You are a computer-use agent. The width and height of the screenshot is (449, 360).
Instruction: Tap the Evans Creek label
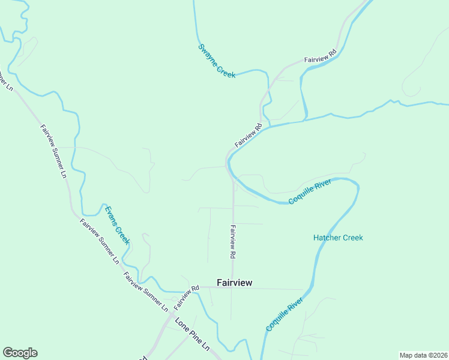(116, 225)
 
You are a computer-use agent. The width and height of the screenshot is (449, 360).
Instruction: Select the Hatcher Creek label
(338, 238)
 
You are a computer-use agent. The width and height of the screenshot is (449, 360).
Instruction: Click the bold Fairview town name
(234, 283)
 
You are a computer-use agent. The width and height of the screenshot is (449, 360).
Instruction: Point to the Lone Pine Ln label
(192, 334)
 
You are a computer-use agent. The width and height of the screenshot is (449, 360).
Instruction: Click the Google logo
(20, 353)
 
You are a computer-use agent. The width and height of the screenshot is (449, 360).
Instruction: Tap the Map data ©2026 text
(423, 355)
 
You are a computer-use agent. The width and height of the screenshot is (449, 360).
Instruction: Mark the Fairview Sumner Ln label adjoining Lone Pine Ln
(146, 292)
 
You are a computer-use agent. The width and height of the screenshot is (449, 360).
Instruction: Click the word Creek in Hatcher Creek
(351, 238)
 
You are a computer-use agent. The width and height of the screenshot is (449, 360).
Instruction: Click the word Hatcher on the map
(326, 238)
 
